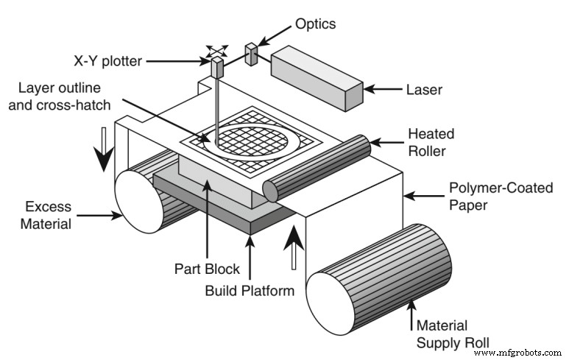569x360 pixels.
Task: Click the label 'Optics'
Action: click(315, 24)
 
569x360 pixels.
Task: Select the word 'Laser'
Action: click(424, 90)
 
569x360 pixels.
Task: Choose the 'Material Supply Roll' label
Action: click(453, 333)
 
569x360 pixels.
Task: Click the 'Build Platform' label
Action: click(250, 290)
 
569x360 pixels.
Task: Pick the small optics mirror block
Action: click(251, 54)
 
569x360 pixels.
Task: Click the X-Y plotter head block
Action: click(218, 68)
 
